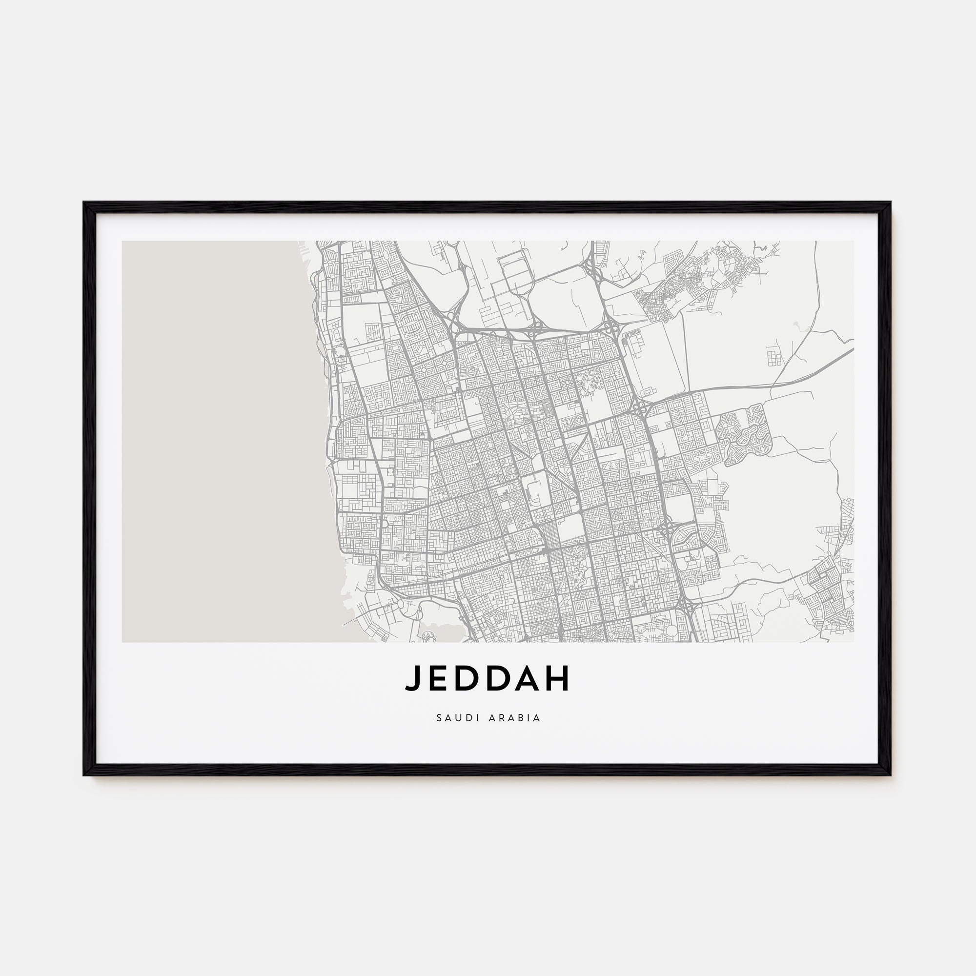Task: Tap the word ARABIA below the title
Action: click(x=515, y=718)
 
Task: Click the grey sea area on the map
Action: click(x=212, y=440)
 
